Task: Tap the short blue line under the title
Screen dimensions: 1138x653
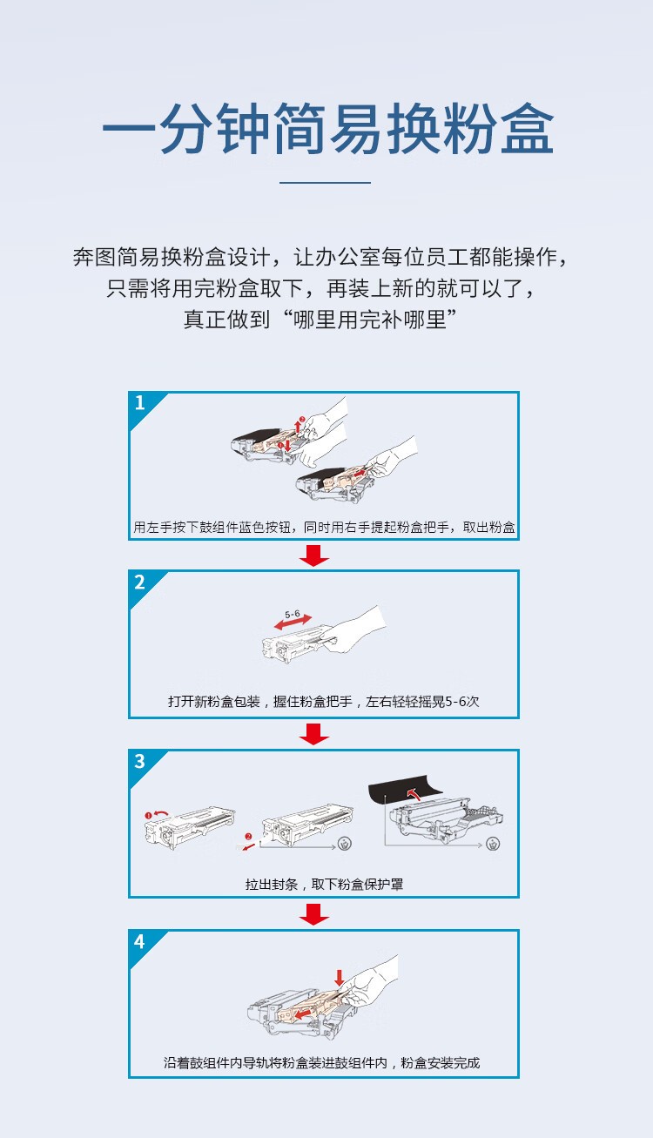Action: (x=326, y=183)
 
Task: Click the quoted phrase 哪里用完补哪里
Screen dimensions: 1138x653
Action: (x=366, y=320)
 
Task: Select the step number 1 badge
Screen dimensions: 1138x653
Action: (x=140, y=403)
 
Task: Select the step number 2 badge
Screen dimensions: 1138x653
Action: (x=140, y=582)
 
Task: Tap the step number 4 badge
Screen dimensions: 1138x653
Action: (x=140, y=942)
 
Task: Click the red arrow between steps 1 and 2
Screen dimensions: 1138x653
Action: (x=313, y=556)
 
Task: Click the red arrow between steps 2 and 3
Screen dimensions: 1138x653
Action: (x=313, y=735)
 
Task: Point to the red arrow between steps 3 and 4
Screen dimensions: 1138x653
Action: (x=313, y=913)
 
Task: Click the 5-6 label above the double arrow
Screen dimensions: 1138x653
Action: (x=292, y=614)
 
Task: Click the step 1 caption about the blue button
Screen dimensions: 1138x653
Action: (x=324, y=528)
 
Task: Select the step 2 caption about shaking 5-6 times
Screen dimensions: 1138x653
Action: (x=324, y=702)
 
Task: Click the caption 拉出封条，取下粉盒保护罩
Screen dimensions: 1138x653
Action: (x=324, y=885)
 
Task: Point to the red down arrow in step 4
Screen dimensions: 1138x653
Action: (x=339, y=977)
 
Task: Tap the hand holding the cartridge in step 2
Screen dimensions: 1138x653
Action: (x=357, y=631)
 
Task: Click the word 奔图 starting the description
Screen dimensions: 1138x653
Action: (x=93, y=259)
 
